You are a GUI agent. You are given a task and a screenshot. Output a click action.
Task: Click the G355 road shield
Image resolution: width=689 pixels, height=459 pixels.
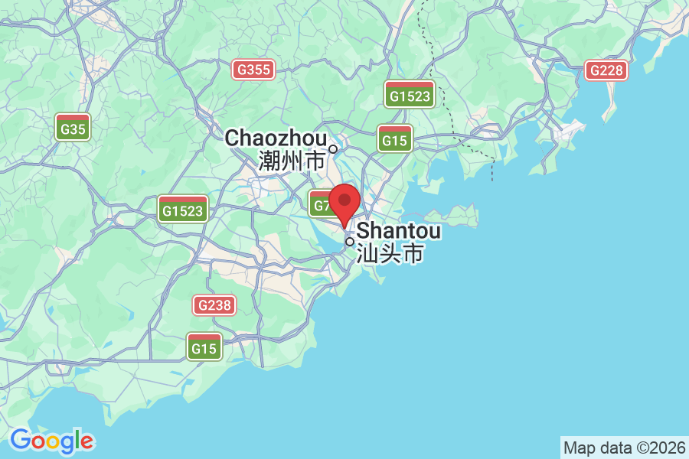click(254, 70)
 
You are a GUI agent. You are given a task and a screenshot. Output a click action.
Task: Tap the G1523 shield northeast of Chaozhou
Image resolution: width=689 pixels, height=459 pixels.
click(410, 94)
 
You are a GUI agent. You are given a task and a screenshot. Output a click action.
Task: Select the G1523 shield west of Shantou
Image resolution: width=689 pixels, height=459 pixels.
click(184, 209)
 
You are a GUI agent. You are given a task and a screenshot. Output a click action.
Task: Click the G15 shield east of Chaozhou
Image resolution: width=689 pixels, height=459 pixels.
click(395, 139)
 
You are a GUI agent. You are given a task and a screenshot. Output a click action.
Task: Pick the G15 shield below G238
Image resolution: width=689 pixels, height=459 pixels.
click(204, 347)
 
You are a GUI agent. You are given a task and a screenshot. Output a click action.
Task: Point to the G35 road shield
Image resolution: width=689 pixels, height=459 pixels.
click(73, 127)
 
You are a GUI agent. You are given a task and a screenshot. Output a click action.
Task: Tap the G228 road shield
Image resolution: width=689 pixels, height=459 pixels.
click(607, 70)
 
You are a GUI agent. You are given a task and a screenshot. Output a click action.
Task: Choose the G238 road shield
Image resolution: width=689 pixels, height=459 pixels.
click(214, 305)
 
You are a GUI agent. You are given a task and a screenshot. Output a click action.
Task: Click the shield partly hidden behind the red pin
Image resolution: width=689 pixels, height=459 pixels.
click(320, 205)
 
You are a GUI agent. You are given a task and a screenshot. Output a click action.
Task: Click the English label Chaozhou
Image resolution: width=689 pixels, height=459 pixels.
click(275, 138)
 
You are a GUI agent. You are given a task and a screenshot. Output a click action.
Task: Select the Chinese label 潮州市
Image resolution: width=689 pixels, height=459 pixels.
click(292, 161)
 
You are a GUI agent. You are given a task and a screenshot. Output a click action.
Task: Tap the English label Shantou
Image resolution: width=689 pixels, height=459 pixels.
click(399, 230)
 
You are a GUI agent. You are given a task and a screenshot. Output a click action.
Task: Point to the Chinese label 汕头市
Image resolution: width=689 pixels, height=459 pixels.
click(390, 253)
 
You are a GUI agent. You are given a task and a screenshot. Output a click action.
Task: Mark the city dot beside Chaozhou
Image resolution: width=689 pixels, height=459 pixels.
click(333, 148)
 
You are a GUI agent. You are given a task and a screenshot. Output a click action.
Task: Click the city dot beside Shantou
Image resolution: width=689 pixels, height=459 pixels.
click(350, 242)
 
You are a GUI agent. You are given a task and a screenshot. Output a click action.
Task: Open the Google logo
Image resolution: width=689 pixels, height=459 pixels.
click(51, 441)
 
